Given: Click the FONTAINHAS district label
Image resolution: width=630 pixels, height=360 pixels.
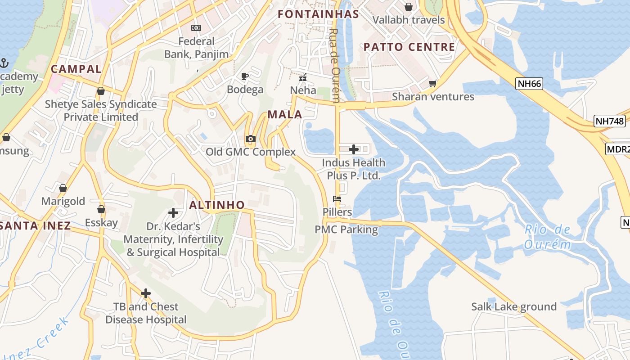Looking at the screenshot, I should (x=318, y=14).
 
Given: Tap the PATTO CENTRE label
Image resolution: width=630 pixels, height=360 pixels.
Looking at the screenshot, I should (x=409, y=47).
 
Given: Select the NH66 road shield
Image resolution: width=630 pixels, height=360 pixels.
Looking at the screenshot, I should (x=529, y=83).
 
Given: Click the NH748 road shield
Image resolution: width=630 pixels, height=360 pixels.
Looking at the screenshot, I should (x=609, y=121).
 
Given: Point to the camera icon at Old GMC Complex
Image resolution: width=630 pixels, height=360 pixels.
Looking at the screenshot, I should (x=251, y=139).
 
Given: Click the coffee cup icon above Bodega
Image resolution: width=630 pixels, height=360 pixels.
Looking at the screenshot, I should (x=245, y=76).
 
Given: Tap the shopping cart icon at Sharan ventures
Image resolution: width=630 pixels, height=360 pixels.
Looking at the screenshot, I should (x=433, y=83).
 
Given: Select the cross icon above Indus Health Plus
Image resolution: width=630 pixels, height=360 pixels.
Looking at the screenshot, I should (x=354, y=149).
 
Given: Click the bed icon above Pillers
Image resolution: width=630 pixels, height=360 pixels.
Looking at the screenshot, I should (x=337, y=198).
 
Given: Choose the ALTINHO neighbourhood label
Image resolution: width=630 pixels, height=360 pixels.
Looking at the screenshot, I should (x=217, y=205).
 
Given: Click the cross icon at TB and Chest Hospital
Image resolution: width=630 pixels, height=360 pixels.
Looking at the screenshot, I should (x=146, y=293).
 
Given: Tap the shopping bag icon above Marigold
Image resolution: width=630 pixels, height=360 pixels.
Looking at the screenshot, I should (x=63, y=188).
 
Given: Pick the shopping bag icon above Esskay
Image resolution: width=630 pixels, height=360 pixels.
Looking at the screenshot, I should (x=101, y=209).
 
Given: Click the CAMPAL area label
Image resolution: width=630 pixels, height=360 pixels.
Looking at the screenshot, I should (x=76, y=69).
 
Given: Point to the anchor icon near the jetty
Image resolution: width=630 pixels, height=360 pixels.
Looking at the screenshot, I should (x=4, y=63).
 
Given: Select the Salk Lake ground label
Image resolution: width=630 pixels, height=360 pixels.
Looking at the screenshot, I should (x=514, y=306).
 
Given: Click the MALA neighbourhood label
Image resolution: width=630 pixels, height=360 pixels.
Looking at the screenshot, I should (x=285, y=114).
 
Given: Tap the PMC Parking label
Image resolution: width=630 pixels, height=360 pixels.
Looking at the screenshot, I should (x=346, y=229).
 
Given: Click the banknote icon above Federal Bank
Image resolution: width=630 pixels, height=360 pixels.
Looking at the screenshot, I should (x=196, y=28).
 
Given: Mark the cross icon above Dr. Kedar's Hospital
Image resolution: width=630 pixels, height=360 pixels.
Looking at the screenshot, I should (x=173, y=212).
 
